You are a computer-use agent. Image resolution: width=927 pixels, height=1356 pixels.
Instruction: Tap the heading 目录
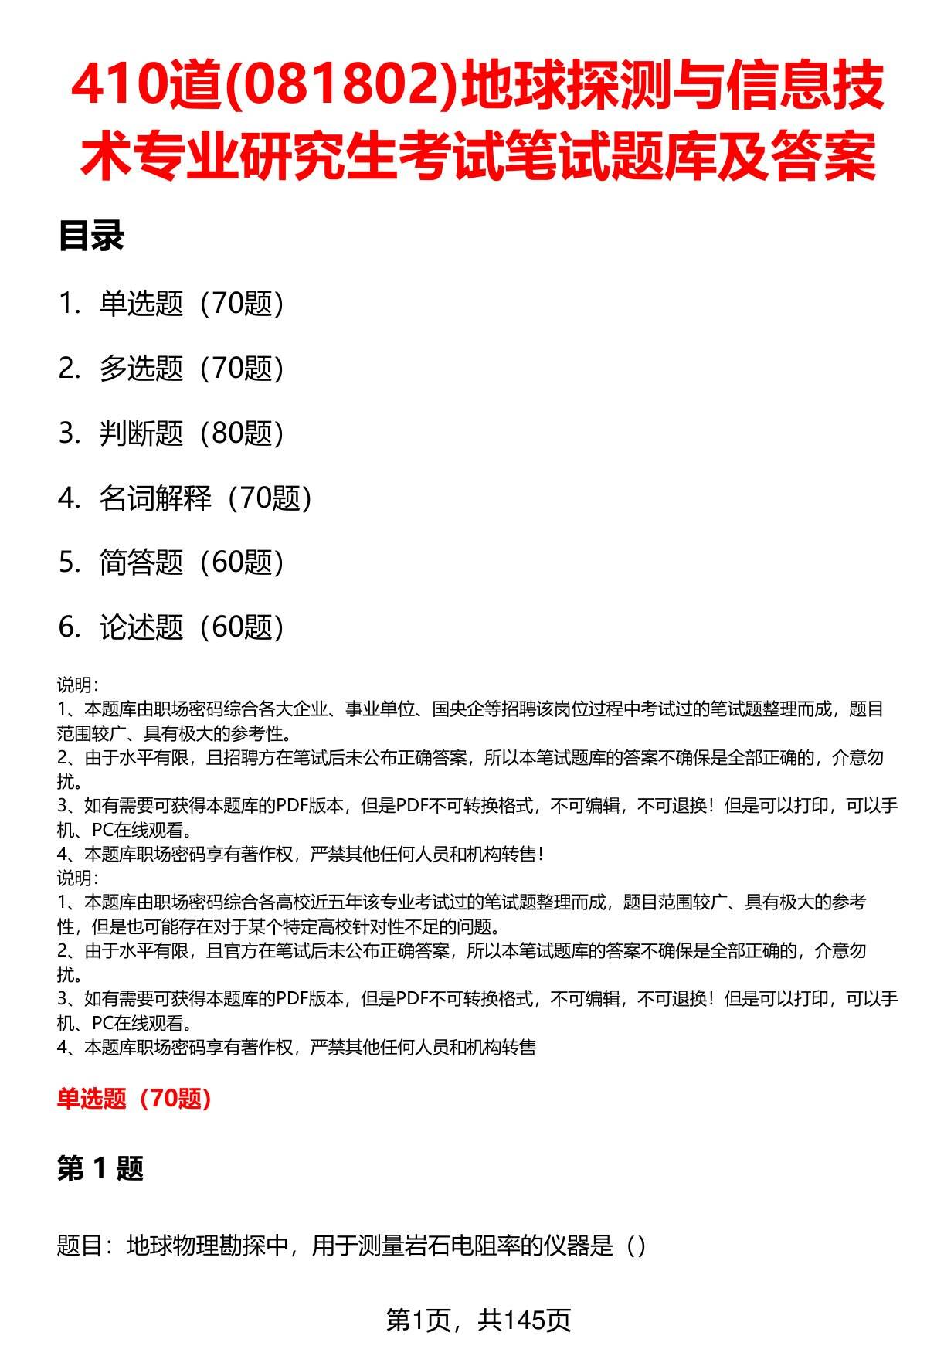click(x=91, y=236)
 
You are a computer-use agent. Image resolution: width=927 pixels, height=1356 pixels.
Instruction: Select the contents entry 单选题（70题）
click(x=191, y=304)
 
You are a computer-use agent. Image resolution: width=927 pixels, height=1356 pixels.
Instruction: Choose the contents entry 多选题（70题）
click(x=191, y=369)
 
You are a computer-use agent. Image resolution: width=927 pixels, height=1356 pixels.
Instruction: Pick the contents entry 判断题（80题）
click(x=191, y=433)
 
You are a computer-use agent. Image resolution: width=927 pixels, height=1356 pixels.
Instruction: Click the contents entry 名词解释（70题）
click(x=205, y=498)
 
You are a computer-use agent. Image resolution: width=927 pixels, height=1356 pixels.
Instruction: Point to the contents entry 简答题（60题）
click(x=191, y=562)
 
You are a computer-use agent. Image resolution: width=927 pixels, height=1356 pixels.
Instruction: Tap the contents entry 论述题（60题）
click(x=191, y=627)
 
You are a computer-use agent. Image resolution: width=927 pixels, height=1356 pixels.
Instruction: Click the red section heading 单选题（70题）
click(x=134, y=1099)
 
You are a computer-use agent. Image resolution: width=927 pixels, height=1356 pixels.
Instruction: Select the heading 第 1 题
click(x=100, y=1169)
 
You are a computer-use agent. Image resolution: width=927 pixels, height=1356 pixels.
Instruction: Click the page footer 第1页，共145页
click(x=478, y=1321)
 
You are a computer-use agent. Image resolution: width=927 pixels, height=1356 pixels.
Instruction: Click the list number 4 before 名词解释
click(x=68, y=498)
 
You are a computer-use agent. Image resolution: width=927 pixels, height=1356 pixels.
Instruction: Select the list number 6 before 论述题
click(x=68, y=627)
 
